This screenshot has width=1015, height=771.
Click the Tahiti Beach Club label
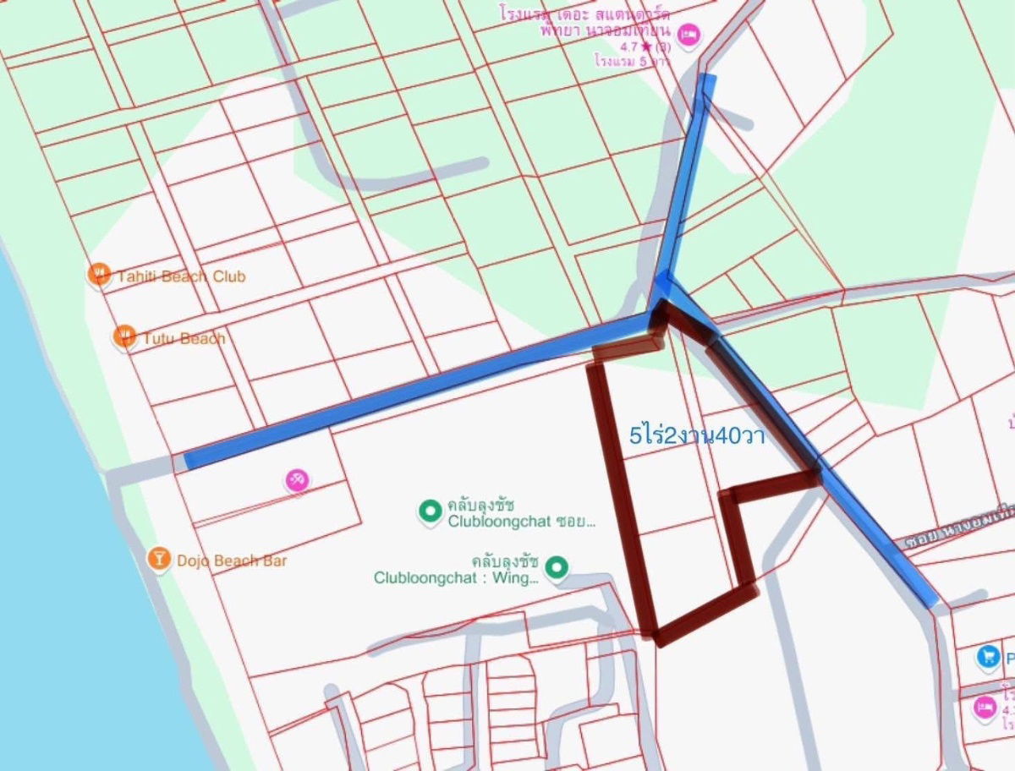[x=181, y=276]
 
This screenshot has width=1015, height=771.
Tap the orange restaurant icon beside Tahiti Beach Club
[x=100, y=274]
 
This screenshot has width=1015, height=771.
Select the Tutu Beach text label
[x=184, y=339]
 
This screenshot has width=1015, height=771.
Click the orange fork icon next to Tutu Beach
[x=125, y=336]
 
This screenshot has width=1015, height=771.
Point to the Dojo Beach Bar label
[x=232, y=560]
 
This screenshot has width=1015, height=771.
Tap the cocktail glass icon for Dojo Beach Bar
[x=158, y=558]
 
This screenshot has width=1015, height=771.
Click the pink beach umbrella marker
[x=297, y=481]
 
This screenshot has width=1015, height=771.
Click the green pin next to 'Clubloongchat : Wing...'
[x=556, y=567]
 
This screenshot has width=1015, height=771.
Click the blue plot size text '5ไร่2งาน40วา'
[x=697, y=436]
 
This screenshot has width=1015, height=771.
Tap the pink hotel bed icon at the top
[x=689, y=35]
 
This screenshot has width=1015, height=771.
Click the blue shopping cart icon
[x=987, y=656]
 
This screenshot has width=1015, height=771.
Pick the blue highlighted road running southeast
[x=871, y=533]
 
